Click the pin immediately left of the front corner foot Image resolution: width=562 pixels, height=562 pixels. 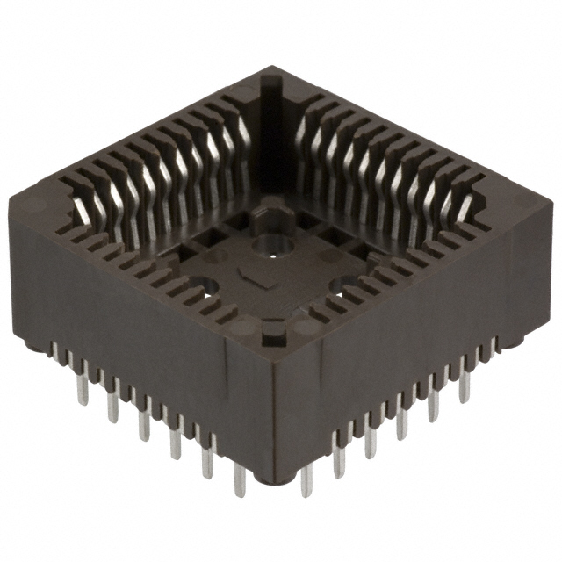240,479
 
